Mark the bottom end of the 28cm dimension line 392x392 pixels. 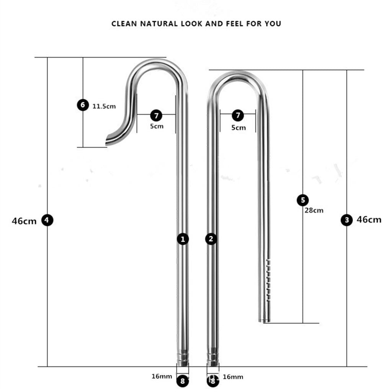coord(303,323)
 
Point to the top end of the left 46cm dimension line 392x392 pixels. coord(47,57)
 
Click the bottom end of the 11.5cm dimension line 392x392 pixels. coord(83,147)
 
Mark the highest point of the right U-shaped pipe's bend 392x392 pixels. coord(238,71)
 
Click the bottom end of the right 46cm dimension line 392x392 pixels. coord(347,366)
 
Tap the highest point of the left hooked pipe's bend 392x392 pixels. coord(157,59)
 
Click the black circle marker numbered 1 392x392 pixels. coord(183,239)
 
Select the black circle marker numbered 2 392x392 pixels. coord(211,239)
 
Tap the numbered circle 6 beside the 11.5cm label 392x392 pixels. coord(83,105)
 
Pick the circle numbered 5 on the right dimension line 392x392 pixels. coord(303,200)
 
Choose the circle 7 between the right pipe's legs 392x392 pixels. coord(238,115)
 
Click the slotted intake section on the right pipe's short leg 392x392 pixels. coord(268,280)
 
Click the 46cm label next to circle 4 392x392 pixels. coord(24,221)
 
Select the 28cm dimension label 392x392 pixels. coord(314,210)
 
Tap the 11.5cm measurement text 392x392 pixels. coord(104,106)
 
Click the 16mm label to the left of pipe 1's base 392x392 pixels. coord(162,376)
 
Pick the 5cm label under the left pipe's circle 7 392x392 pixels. coord(157,126)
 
